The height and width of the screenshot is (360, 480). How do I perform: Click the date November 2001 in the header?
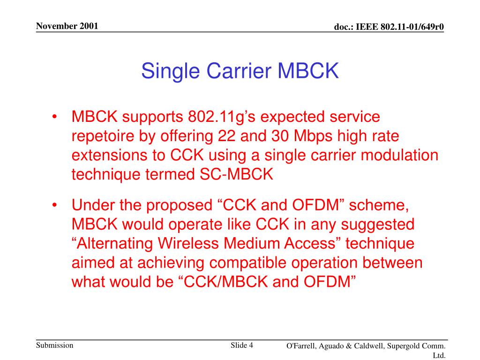point(67,26)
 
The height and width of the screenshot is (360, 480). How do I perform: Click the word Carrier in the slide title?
point(239,71)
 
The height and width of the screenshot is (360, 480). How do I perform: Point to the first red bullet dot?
point(54,117)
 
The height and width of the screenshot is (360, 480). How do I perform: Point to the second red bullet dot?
point(54,205)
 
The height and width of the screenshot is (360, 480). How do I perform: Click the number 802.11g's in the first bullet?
point(222,117)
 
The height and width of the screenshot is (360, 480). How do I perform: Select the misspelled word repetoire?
point(103,136)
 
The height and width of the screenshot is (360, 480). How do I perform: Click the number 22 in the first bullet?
point(226,136)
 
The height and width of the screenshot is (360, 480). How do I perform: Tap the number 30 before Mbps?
point(280,136)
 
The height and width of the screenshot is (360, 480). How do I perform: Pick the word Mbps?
point(313,136)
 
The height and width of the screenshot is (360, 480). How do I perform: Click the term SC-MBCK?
point(236,174)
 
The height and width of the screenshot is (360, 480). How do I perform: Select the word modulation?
point(399,155)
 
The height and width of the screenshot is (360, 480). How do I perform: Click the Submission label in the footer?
point(55,345)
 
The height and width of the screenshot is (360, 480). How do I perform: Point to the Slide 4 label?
point(242,345)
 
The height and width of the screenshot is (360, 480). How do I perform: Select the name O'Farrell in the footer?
point(301,346)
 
